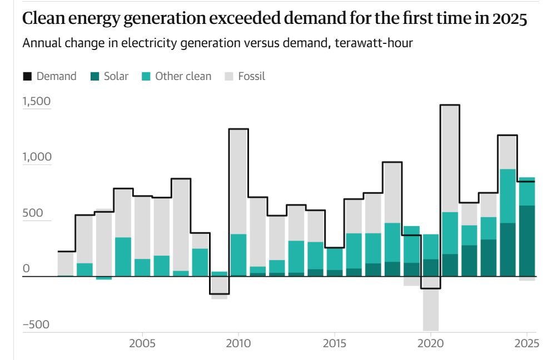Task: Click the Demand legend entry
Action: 49,77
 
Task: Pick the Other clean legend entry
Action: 177,77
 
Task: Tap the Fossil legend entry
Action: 245,77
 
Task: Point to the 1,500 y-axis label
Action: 36,102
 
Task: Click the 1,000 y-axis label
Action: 36,157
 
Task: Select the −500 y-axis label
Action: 36,325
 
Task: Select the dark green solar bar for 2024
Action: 508,249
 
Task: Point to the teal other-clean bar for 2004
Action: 123,257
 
